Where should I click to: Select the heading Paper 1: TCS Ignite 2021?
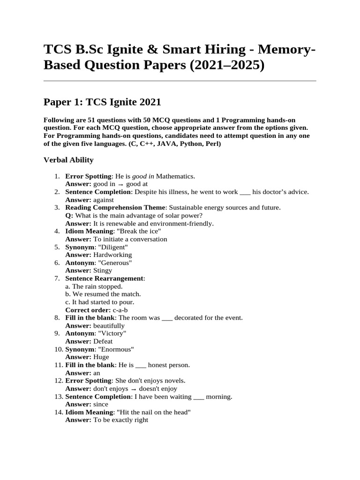point(102,102)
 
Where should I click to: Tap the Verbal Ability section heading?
point(68,160)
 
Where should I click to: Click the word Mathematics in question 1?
point(175,176)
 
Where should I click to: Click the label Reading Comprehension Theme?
point(115,208)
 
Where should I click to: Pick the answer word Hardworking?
point(112,255)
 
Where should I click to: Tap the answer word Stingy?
point(103,270)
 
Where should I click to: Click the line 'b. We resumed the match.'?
point(103,294)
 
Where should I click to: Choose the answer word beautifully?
point(109,326)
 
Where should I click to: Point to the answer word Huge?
point(101,357)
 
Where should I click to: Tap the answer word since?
point(101,405)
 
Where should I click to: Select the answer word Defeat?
point(103,341)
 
